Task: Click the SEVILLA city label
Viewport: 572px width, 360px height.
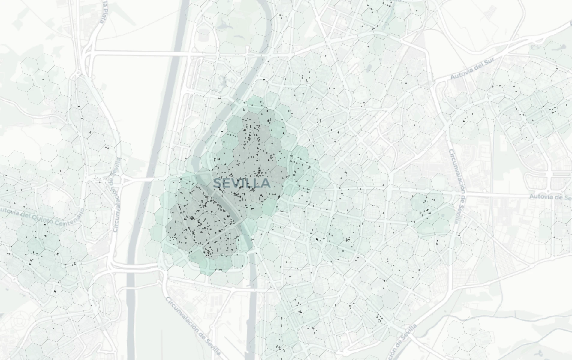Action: pos(242,183)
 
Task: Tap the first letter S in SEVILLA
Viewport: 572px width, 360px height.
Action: pos(217,183)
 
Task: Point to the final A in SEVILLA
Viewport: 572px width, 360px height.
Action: pos(266,183)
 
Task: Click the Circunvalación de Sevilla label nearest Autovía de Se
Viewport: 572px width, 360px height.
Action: pos(456,186)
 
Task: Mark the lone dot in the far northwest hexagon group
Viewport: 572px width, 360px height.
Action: pos(43,79)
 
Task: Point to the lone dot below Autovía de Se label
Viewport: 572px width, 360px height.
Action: pos(554,237)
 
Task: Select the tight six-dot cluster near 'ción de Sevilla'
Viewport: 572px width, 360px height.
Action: pos(380,318)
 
